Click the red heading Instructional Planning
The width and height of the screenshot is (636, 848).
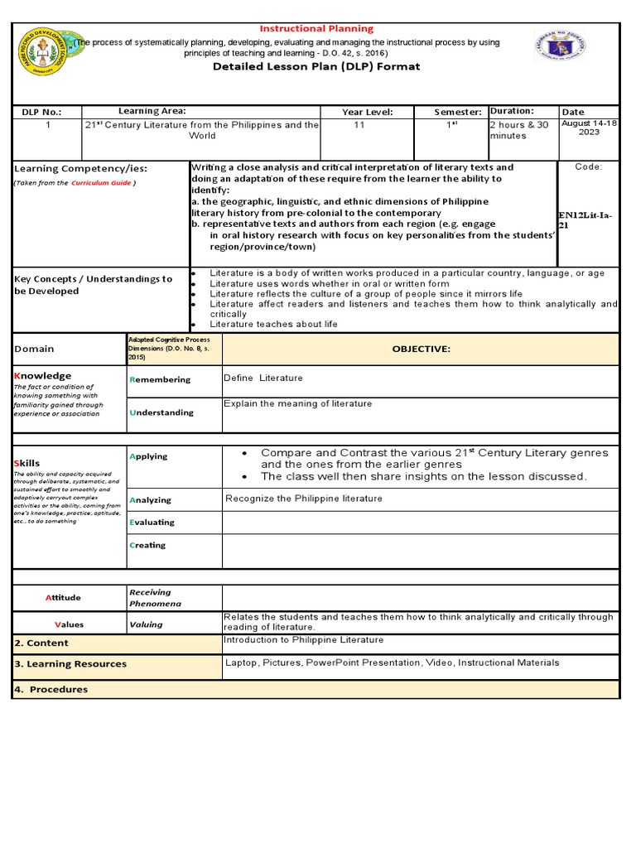pyautogui.click(x=317, y=29)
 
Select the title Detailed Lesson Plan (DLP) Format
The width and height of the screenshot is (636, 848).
pyautogui.click(x=317, y=66)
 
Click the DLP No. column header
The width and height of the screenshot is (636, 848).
pyautogui.click(x=41, y=112)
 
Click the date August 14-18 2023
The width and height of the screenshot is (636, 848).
pyautogui.click(x=589, y=128)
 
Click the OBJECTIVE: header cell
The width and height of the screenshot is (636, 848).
pyautogui.click(x=421, y=349)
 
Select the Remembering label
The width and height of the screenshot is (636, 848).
pyautogui.click(x=160, y=380)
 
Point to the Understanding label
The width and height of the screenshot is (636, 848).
pyautogui.click(x=161, y=412)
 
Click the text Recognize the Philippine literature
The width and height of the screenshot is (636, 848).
pyautogui.click(x=304, y=499)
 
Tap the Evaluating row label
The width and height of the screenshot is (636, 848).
pyautogui.click(x=152, y=523)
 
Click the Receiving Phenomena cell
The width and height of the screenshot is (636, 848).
pyautogui.click(x=150, y=598)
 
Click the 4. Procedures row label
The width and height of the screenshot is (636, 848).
pyautogui.click(x=51, y=689)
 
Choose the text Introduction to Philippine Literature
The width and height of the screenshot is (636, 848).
pyautogui.click(x=304, y=640)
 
